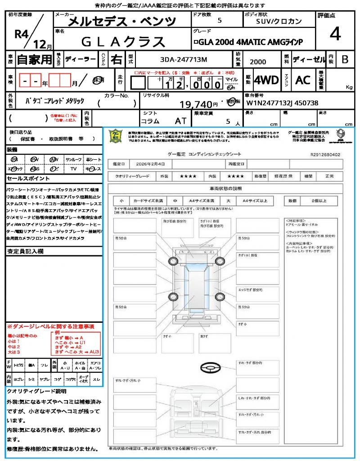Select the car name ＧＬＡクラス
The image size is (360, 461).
122,41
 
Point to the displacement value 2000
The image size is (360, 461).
257,62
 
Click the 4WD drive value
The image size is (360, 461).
266,81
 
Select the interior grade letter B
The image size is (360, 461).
345,59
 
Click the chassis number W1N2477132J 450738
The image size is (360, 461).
283,103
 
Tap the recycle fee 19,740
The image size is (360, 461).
196,104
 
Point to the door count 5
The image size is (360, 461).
219,21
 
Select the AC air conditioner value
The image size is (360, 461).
303,80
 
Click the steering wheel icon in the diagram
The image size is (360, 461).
210,368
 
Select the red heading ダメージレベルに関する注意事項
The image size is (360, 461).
50,326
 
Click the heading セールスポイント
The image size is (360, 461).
24,178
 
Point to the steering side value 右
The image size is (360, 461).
117,59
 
